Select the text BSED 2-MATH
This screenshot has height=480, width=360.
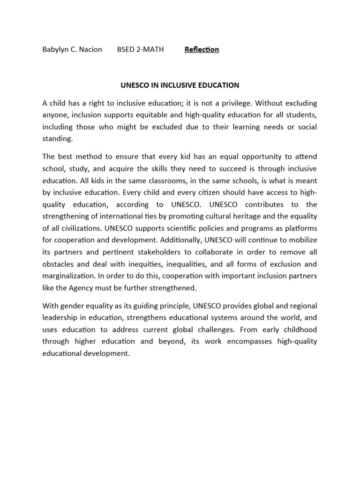[x=140, y=49]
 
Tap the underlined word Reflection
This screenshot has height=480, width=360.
[x=202, y=49]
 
